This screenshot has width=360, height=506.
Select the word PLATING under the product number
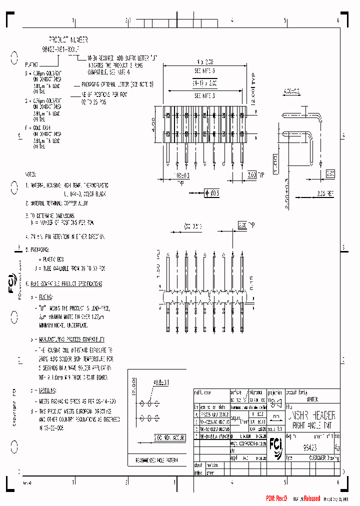click(31, 64)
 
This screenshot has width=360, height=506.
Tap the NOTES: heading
click(30, 174)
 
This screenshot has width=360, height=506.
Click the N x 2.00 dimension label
click(205, 62)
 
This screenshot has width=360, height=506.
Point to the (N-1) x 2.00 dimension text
click(205, 83)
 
